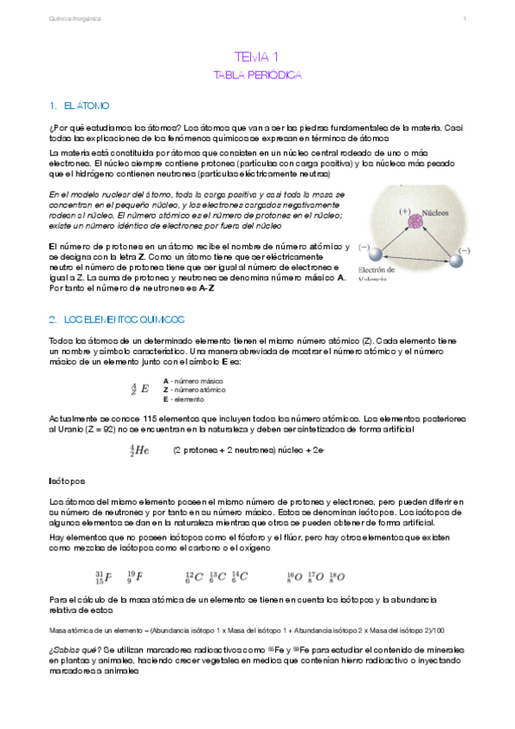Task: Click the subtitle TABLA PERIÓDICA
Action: click(257, 76)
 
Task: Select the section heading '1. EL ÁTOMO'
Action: click(80, 106)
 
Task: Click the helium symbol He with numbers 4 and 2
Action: click(139, 449)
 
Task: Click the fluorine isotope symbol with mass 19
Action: click(135, 577)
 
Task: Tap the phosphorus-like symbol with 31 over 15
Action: click(102, 577)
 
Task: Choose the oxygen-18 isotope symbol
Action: click(335, 577)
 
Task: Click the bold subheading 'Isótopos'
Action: click(67, 481)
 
